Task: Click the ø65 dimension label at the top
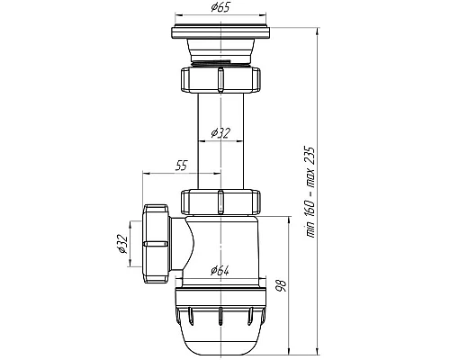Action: pyautogui.click(x=220, y=7)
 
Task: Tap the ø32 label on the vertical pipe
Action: pyautogui.click(x=220, y=132)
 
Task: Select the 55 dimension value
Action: pyautogui.click(x=181, y=166)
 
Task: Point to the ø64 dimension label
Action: pyautogui.click(x=220, y=271)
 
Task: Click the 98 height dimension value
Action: pyautogui.click(x=283, y=285)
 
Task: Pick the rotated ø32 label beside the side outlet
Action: pyautogui.click(x=122, y=244)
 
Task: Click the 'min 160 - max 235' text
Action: pyautogui.click(x=310, y=193)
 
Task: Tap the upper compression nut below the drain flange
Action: pyautogui.click(x=220, y=79)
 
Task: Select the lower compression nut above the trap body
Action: pyautogui.click(x=220, y=202)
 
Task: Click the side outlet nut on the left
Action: pyautogui.click(x=156, y=244)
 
